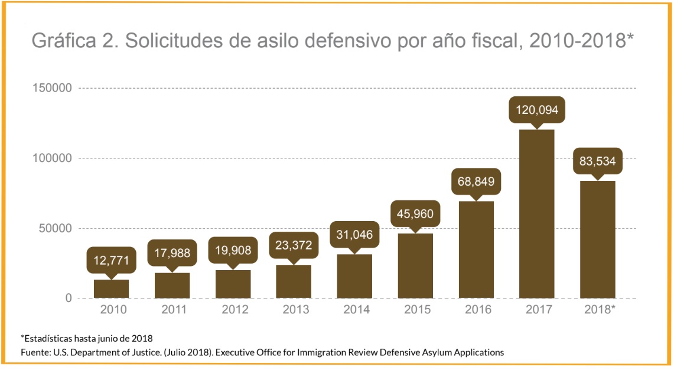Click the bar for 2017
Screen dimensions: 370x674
[536, 214]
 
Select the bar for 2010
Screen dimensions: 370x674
[111, 289]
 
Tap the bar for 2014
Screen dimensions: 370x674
[354, 276]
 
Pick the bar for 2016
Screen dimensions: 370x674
[476, 249]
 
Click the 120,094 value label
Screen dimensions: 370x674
[536, 109]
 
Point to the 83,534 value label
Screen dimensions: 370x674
[597, 160]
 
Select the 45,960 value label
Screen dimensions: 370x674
[415, 214]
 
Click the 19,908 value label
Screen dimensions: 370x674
[233, 250]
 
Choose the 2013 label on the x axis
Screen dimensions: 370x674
[294, 310]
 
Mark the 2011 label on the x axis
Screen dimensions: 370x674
[172, 310]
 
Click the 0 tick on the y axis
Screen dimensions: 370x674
[68, 298]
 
